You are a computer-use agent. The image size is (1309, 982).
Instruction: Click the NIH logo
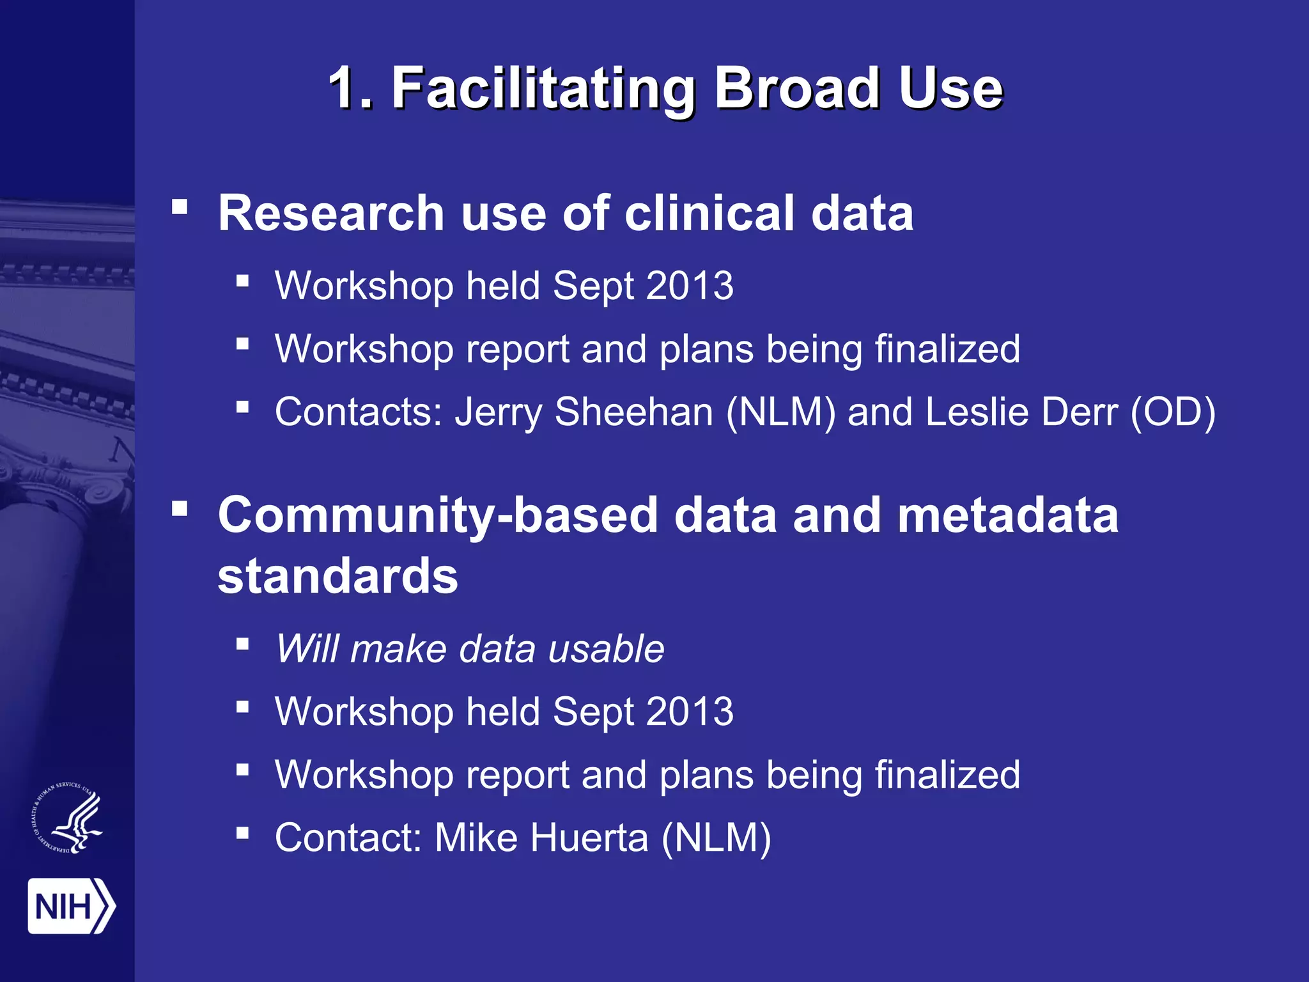71,906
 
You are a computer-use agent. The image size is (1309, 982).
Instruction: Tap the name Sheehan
633,412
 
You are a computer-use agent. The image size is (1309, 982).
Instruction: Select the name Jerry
498,413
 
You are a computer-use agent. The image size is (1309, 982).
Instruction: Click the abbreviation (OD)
1172,412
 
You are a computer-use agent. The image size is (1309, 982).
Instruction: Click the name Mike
476,838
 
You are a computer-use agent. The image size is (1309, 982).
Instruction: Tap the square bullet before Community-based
180,509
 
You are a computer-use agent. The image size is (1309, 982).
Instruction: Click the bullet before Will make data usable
242,644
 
